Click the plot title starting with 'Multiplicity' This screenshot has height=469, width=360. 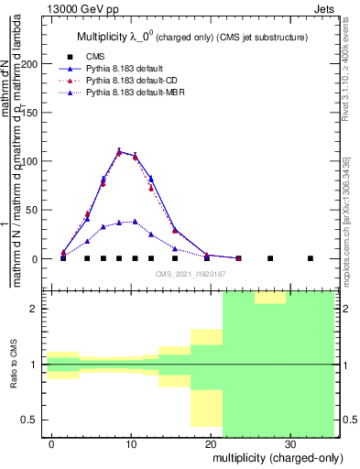[x=184, y=37]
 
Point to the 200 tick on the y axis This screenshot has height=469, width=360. [x=32, y=64]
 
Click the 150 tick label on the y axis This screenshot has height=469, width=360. [x=32, y=113]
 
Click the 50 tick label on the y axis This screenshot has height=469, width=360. [x=35, y=210]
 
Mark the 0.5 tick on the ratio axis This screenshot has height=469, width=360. [x=33, y=420]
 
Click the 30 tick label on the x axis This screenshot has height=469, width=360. [x=289, y=442]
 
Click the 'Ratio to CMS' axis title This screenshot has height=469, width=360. [x=13, y=365]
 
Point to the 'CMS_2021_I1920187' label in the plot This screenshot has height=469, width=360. [x=191, y=273]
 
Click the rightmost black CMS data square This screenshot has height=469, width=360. [x=311, y=258]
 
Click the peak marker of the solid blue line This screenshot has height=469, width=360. [x=119, y=151]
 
